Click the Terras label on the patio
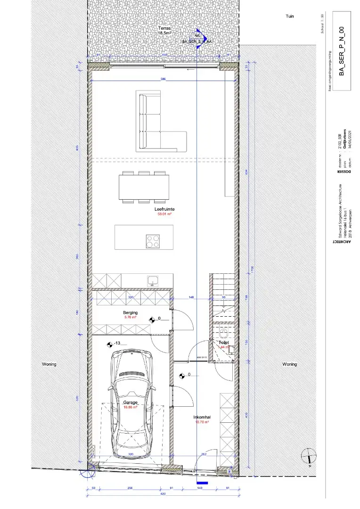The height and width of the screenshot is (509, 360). click(x=164, y=29)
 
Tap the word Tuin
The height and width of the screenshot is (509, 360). click(x=290, y=16)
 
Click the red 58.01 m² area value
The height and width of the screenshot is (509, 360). click(x=164, y=214)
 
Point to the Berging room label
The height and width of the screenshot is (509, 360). click(x=131, y=313)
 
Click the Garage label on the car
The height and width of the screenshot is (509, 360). click(x=131, y=402)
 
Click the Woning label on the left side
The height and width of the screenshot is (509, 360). click(x=49, y=364)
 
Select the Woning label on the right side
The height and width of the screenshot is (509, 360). click(x=290, y=364)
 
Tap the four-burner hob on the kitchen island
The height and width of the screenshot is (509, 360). click(x=152, y=241)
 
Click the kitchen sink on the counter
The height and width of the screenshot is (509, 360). click(x=153, y=281)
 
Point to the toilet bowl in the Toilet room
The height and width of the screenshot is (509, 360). click(x=225, y=349)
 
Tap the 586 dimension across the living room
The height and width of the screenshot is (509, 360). click(x=163, y=79)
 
